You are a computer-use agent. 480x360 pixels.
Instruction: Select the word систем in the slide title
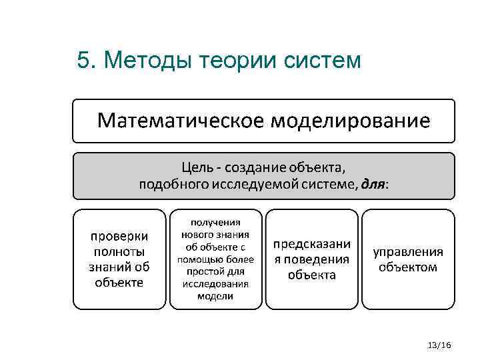point(323,61)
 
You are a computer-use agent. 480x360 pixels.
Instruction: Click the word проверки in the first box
point(119,237)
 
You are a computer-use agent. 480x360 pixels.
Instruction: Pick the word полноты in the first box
point(119,252)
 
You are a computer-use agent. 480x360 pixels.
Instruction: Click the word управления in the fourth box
point(408,252)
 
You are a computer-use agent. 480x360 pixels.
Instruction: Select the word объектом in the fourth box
point(408,267)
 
